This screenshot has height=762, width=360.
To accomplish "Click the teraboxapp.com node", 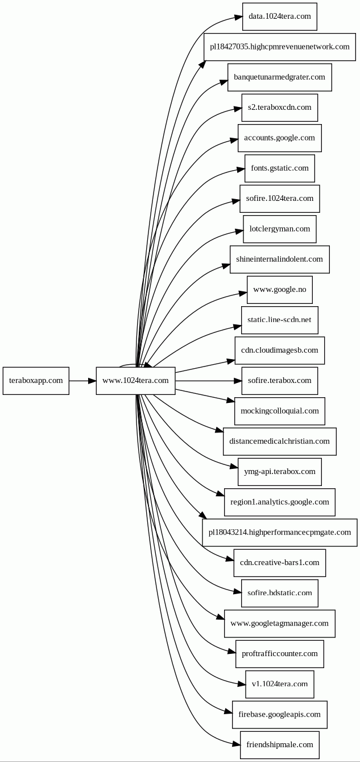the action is (36, 381).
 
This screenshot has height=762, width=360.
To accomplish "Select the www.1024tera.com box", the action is (135, 381).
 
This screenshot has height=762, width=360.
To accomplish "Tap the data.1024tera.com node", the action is (280, 17).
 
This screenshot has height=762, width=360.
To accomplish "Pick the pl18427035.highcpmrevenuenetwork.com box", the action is (280, 47).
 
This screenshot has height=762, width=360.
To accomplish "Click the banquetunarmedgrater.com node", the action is (280, 77).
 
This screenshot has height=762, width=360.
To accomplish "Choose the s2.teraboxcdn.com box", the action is (280, 108).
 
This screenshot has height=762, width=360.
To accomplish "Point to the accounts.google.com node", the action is (280, 138).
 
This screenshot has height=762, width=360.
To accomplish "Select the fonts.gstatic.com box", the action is (280, 168).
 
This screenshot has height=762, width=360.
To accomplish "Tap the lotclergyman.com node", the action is (280, 229).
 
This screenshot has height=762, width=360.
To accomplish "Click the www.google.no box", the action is (280, 290).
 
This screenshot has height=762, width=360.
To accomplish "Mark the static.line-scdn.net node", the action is (280, 320).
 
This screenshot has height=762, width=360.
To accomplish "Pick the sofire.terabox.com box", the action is (280, 381).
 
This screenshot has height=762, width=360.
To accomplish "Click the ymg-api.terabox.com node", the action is (280, 472).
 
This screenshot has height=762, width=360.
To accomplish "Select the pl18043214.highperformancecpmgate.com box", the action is (280, 533).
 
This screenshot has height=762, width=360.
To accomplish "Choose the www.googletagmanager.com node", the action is (280, 624).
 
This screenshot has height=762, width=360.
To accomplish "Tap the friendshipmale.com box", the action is (280, 745).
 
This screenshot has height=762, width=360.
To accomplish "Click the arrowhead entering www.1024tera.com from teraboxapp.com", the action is (92, 381).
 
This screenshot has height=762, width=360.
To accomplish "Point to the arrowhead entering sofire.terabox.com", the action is (238, 381).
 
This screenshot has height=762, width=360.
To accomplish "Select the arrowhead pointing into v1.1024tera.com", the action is (241, 684).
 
